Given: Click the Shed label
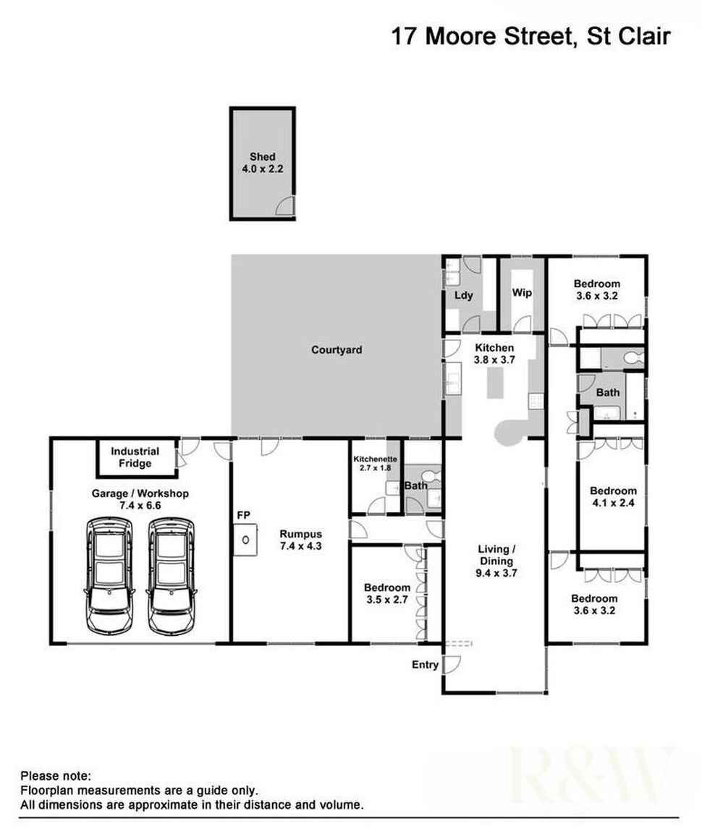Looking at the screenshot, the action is [x=263, y=156].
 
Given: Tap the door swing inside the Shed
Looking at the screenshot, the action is [x=285, y=206].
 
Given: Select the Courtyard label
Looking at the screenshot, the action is [x=337, y=349].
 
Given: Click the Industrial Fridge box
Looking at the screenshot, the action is [x=136, y=457].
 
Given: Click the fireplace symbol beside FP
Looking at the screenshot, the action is [x=245, y=540].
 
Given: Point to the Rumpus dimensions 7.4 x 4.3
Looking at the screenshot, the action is [x=301, y=546].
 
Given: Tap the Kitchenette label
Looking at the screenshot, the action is [x=375, y=459].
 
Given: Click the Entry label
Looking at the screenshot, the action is [x=425, y=664].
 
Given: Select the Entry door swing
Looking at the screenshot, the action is [x=452, y=665].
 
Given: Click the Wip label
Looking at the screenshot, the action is [x=522, y=292].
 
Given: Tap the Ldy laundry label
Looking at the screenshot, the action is [x=464, y=296].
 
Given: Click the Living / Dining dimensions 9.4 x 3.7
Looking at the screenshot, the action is [x=496, y=573].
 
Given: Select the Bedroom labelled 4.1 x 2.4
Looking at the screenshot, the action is [x=613, y=496].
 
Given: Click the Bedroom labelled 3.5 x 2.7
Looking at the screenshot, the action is [x=386, y=594].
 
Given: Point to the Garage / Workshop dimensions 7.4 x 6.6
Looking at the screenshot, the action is [x=140, y=506].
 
